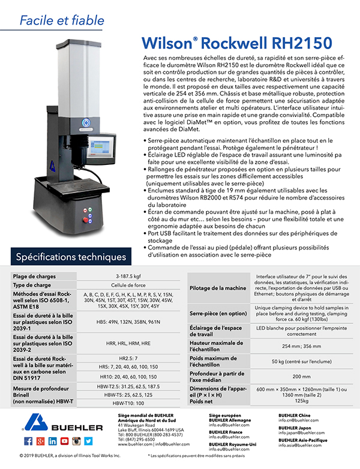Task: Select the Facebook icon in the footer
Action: tap(29, 441)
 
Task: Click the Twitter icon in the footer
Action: tap(88, 441)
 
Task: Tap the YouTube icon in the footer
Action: tap(64, 441)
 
